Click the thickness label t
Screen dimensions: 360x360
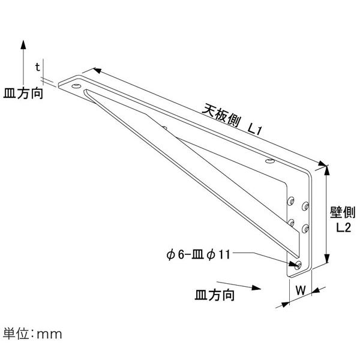(37, 67)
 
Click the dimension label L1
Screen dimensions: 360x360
(254, 130)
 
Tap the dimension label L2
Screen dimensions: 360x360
(344, 227)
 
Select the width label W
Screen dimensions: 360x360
(301, 290)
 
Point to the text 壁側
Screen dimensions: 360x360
(343, 212)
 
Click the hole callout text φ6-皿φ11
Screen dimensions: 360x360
(198, 254)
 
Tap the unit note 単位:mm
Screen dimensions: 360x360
(32, 334)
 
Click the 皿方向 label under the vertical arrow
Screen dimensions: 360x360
(23, 94)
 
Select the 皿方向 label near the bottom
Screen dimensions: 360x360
(214, 295)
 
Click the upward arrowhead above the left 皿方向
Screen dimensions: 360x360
(23, 44)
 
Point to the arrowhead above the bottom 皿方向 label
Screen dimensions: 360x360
(256, 287)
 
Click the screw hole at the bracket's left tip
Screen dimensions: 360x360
(76, 86)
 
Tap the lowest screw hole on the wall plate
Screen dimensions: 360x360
(298, 265)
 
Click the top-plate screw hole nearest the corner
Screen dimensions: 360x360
(270, 161)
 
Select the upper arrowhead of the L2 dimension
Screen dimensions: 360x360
(327, 170)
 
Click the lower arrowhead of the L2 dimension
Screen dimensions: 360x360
(328, 259)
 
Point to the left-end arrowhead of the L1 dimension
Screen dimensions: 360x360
(97, 70)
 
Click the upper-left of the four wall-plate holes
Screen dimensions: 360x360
(291, 201)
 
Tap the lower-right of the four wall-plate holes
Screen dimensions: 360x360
(305, 229)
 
